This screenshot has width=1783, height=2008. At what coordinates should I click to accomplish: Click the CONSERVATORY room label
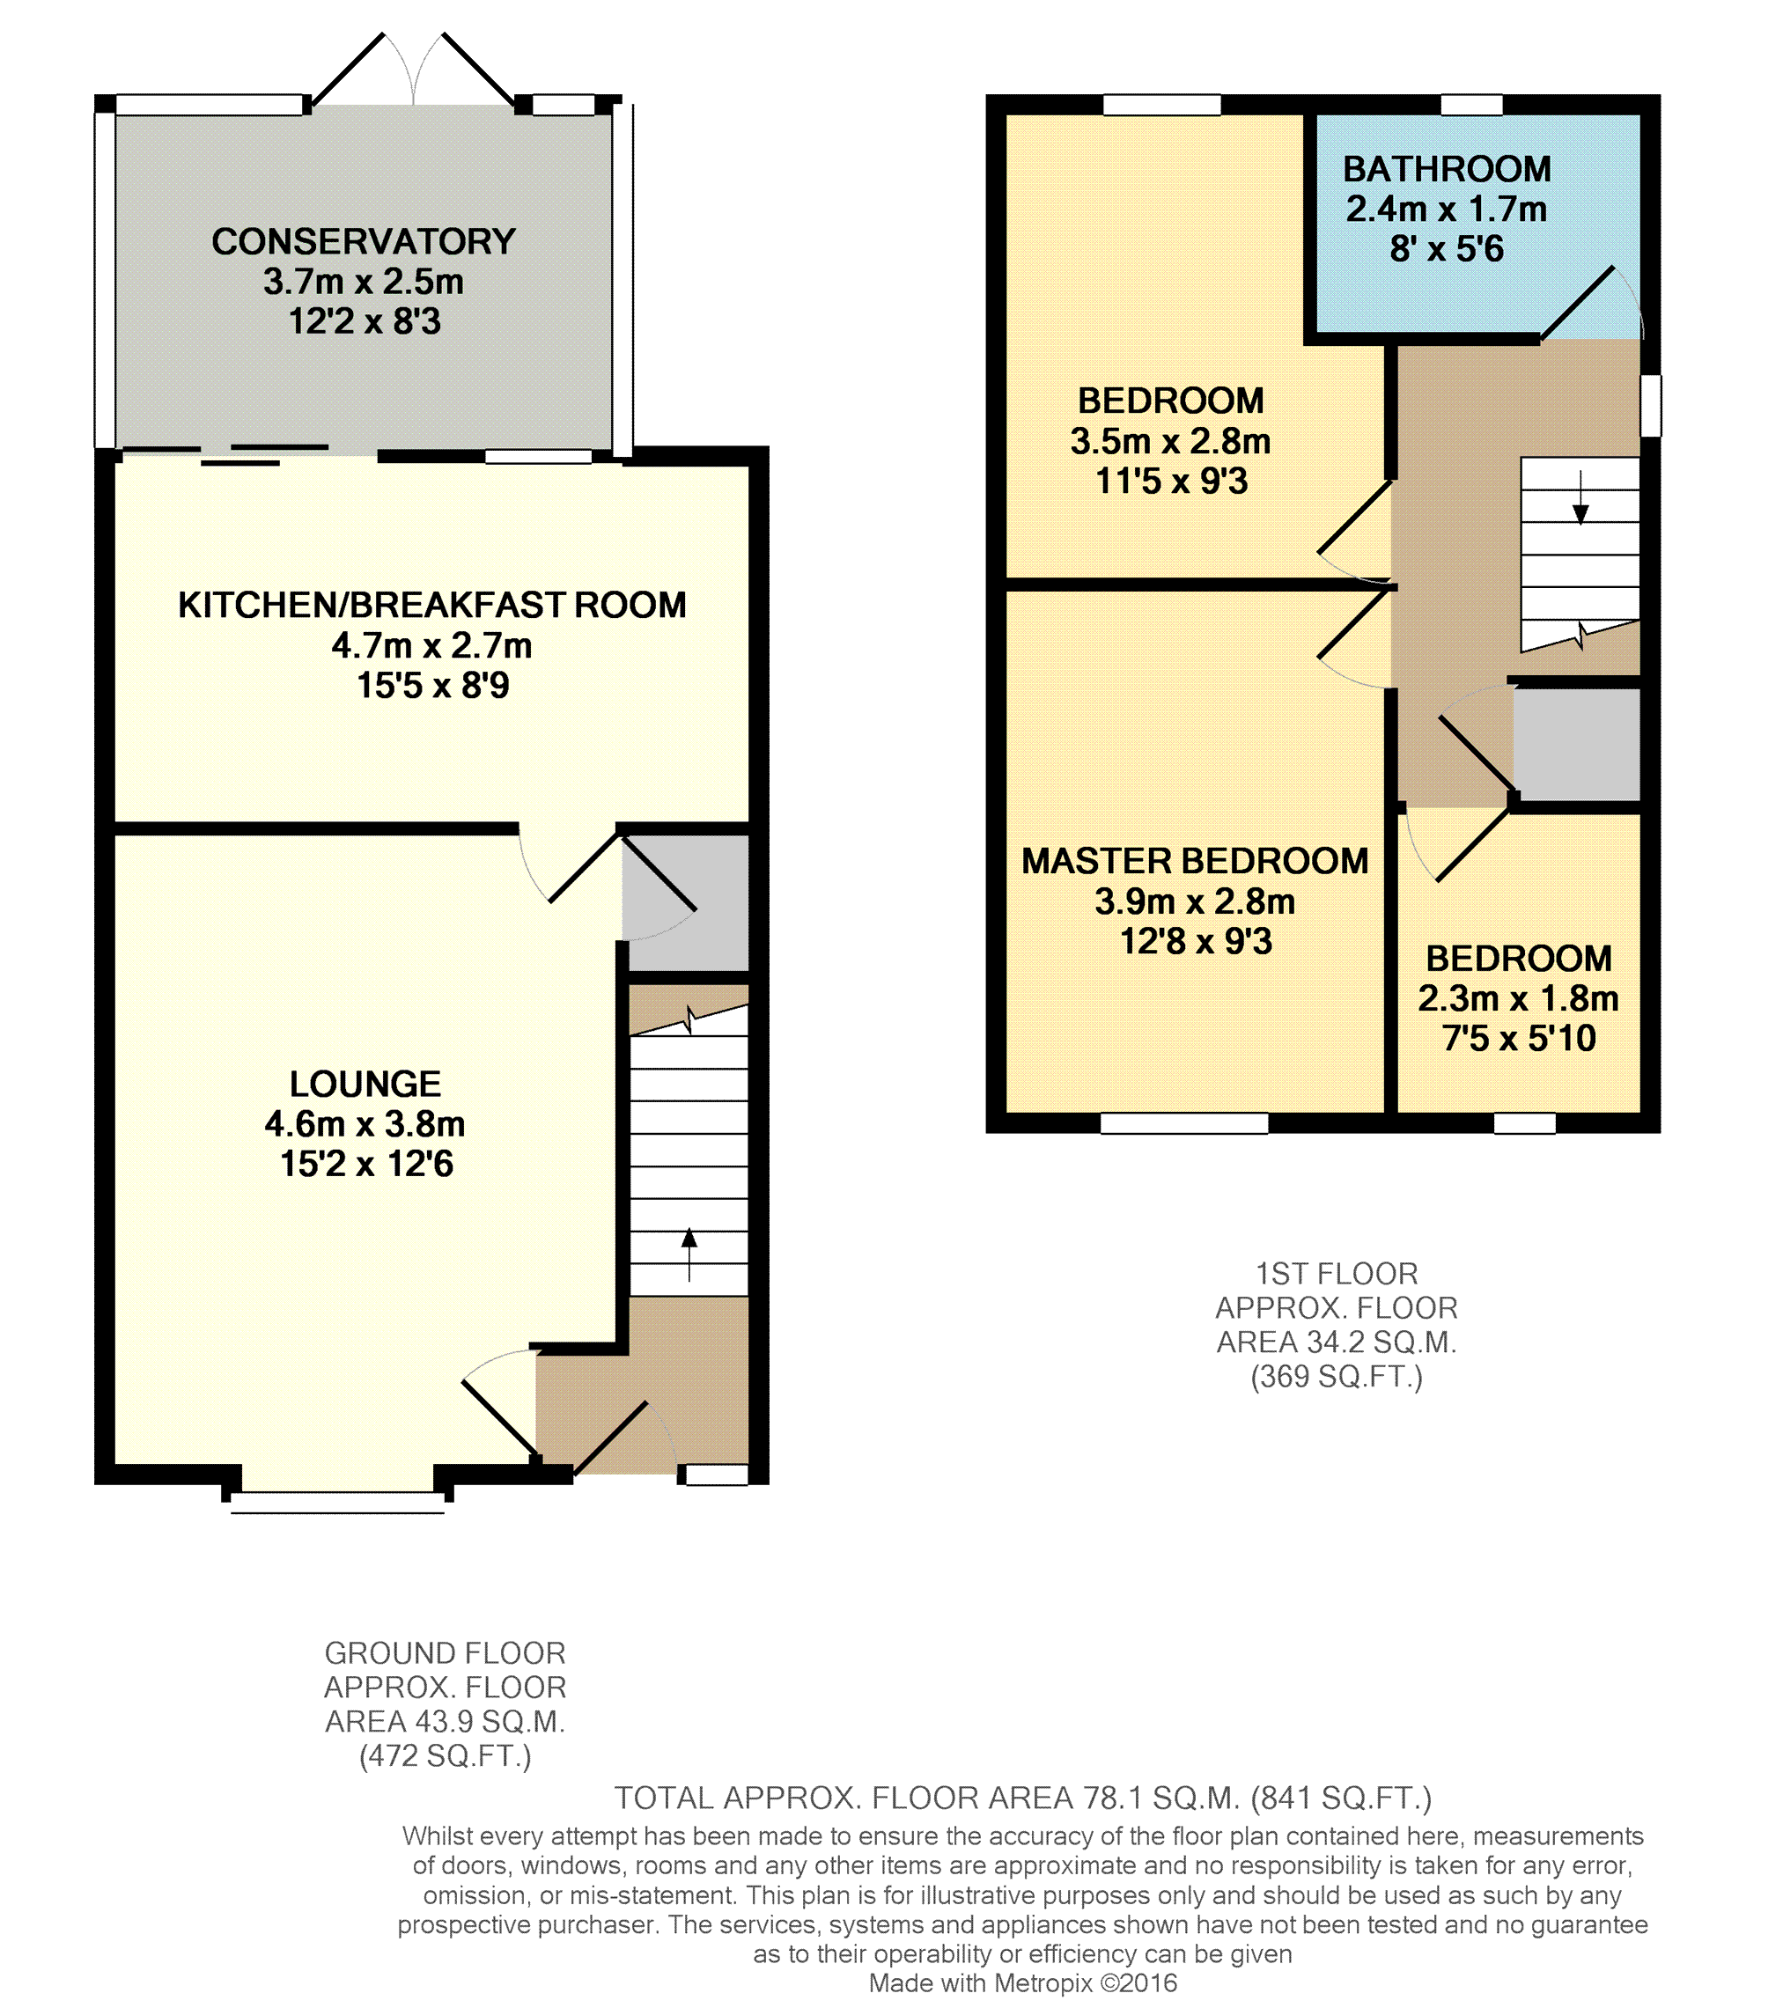364,242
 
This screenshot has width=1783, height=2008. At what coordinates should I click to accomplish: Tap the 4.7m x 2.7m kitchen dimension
432,645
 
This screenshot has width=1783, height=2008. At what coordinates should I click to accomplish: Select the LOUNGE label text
365,1084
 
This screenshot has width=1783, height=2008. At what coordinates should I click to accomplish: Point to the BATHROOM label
1447,169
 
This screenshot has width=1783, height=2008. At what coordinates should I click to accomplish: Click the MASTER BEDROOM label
1195,861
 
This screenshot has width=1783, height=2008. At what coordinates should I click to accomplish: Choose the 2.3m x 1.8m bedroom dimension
1518,998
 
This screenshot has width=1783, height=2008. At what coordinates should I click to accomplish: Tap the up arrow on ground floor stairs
689,1254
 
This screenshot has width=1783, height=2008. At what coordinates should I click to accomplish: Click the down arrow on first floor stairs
1580,498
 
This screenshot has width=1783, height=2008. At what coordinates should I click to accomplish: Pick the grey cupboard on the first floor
1577,745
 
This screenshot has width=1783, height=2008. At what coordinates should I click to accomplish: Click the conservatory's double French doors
413,68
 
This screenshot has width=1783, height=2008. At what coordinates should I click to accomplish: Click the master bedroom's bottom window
1183,1123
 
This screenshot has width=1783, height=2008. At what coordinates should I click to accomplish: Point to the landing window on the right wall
1651,405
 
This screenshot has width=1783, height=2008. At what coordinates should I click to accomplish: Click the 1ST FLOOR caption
1336,1273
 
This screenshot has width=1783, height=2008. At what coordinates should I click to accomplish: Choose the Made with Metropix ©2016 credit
1022,1982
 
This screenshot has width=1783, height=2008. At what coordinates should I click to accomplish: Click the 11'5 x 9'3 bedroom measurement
1171,481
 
